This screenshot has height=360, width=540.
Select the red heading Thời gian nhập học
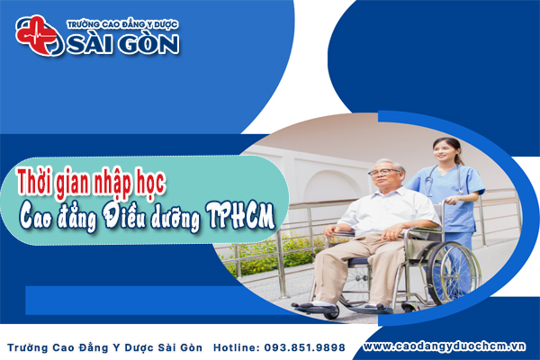click(94, 178)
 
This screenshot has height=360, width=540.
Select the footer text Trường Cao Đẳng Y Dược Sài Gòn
click(107, 346)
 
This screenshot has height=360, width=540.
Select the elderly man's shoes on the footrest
click(319, 307)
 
